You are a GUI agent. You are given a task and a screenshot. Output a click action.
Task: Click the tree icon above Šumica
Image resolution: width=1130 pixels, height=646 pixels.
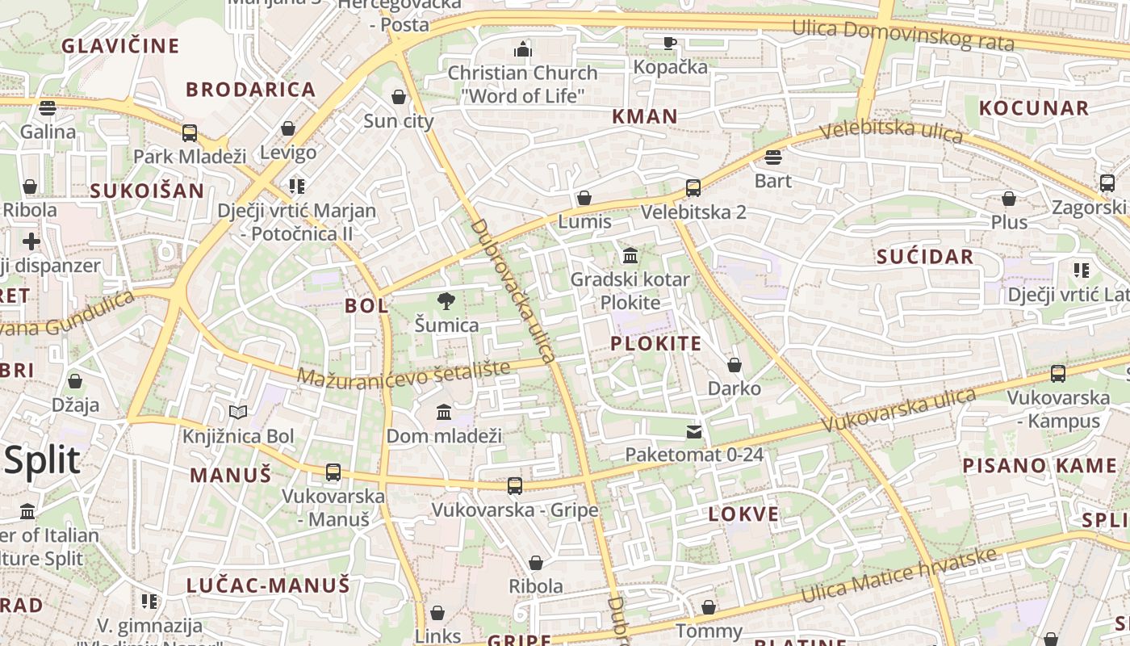[x=446, y=301]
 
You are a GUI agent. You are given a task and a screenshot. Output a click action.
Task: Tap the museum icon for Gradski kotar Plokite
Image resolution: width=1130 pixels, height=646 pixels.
[x=630, y=256]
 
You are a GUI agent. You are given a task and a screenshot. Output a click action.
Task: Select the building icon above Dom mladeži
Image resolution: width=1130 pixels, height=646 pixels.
[x=443, y=413]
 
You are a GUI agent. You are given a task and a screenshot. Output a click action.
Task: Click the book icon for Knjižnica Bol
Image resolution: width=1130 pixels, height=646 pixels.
[x=237, y=413]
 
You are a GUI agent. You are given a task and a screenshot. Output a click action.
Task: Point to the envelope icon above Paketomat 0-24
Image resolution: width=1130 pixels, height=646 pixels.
[x=694, y=432]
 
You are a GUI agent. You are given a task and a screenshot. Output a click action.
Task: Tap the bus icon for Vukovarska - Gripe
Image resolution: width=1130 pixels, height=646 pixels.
[x=515, y=486]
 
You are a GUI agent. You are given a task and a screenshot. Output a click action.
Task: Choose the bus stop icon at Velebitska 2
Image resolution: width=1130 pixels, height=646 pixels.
[x=693, y=188]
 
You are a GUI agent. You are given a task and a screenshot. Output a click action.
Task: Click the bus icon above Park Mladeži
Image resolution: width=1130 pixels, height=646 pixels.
[x=190, y=133]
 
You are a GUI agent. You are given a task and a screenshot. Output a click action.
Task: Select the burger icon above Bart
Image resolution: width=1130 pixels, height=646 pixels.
[x=772, y=157]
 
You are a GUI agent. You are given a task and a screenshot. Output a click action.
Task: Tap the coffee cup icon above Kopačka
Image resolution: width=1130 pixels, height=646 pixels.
[x=669, y=43]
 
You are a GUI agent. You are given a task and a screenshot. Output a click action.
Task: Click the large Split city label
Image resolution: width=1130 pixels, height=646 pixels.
[x=42, y=460]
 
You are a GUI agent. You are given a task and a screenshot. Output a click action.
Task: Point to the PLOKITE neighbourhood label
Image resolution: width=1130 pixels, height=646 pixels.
[x=655, y=344]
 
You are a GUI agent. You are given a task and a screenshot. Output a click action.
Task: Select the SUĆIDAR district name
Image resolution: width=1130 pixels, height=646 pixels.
[x=925, y=258]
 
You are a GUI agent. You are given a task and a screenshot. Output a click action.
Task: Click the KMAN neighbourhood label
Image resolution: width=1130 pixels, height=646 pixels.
[x=644, y=116]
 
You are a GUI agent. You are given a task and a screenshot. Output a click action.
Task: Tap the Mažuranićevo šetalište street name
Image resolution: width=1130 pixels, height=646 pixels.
[x=404, y=373]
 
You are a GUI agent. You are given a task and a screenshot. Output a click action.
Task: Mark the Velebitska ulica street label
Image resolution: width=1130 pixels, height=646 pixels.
[x=891, y=130]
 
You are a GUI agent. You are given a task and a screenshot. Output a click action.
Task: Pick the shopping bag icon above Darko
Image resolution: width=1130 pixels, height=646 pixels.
[x=734, y=365]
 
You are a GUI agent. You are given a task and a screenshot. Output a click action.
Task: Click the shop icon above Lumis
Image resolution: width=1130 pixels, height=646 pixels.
[x=584, y=198]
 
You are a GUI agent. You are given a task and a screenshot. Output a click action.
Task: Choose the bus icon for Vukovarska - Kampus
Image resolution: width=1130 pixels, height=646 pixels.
[x=1058, y=374]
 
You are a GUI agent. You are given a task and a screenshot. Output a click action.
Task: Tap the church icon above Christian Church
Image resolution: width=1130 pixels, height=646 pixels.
[x=523, y=49]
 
